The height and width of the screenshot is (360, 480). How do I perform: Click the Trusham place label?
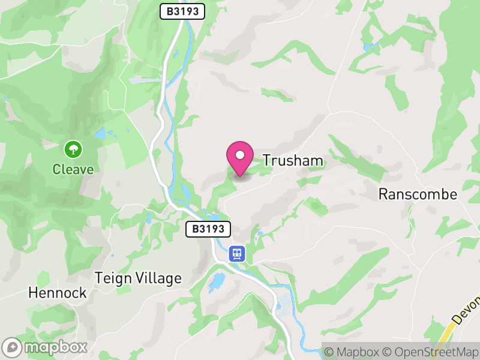(x=293, y=161)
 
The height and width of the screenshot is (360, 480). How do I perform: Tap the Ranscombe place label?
(x=418, y=194)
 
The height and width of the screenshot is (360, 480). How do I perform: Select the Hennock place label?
(x=58, y=293)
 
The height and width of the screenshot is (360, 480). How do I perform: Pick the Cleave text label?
(x=73, y=169)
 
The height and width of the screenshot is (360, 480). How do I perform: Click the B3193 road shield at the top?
(x=182, y=11)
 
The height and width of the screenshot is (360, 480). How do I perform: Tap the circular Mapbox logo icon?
(x=12, y=347)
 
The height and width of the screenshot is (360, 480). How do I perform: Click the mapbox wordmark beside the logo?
(x=56, y=347)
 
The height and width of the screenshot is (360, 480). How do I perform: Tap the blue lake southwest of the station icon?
(x=217, y=281)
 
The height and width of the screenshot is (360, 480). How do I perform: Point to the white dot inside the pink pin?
(x=240, y=155)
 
